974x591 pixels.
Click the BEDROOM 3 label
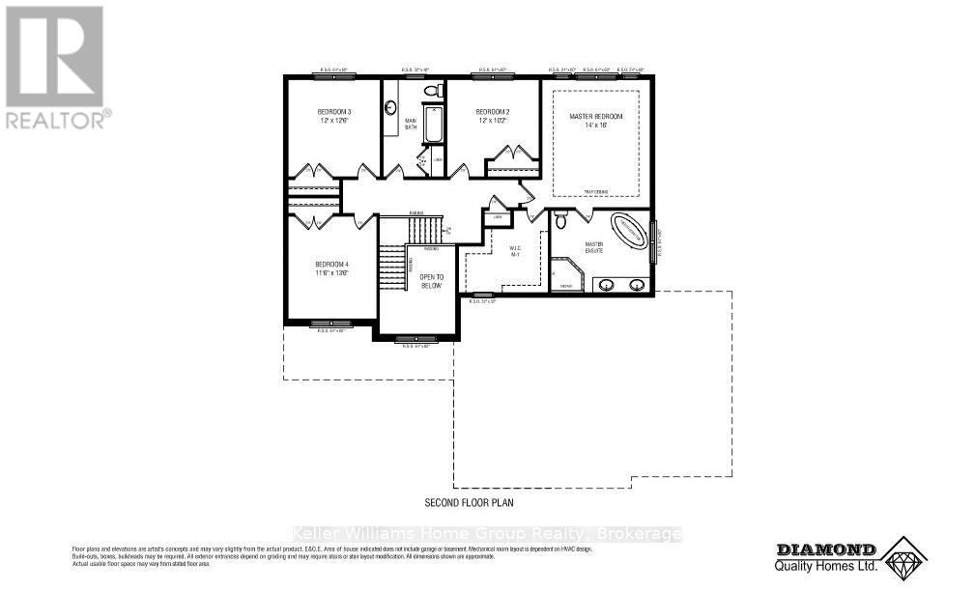click(x=334, y=113)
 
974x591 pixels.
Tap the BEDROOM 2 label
click(x=492, y=113)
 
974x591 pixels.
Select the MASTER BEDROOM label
click(x=596, y=117)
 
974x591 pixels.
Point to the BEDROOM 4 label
click(x=330, y=264)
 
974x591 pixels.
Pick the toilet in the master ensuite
click(x=560, y=220)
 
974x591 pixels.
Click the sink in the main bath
click(x=391, y=108)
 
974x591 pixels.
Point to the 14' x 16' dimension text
click(x=596, y=126)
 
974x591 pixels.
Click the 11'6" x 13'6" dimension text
click(x=330, y=273)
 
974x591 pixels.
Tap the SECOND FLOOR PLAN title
click(x=470, y=503)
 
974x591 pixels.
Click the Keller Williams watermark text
click(x=487, y=534)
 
